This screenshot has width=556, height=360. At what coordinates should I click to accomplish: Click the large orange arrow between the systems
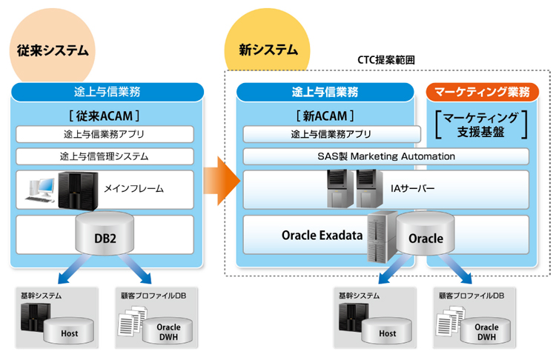click(x=222, y=179)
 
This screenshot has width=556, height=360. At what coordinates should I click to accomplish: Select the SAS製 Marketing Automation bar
click(x=385, y=156)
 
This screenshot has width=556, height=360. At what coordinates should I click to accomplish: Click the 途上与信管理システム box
click(x=105, y=156)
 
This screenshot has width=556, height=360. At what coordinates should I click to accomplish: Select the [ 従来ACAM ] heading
click(x=105, y=116)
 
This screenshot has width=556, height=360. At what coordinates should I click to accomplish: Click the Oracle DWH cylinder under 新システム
click(x=486, y=331)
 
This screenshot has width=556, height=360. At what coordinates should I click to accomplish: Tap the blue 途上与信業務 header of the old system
click(x=107, y=92)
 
